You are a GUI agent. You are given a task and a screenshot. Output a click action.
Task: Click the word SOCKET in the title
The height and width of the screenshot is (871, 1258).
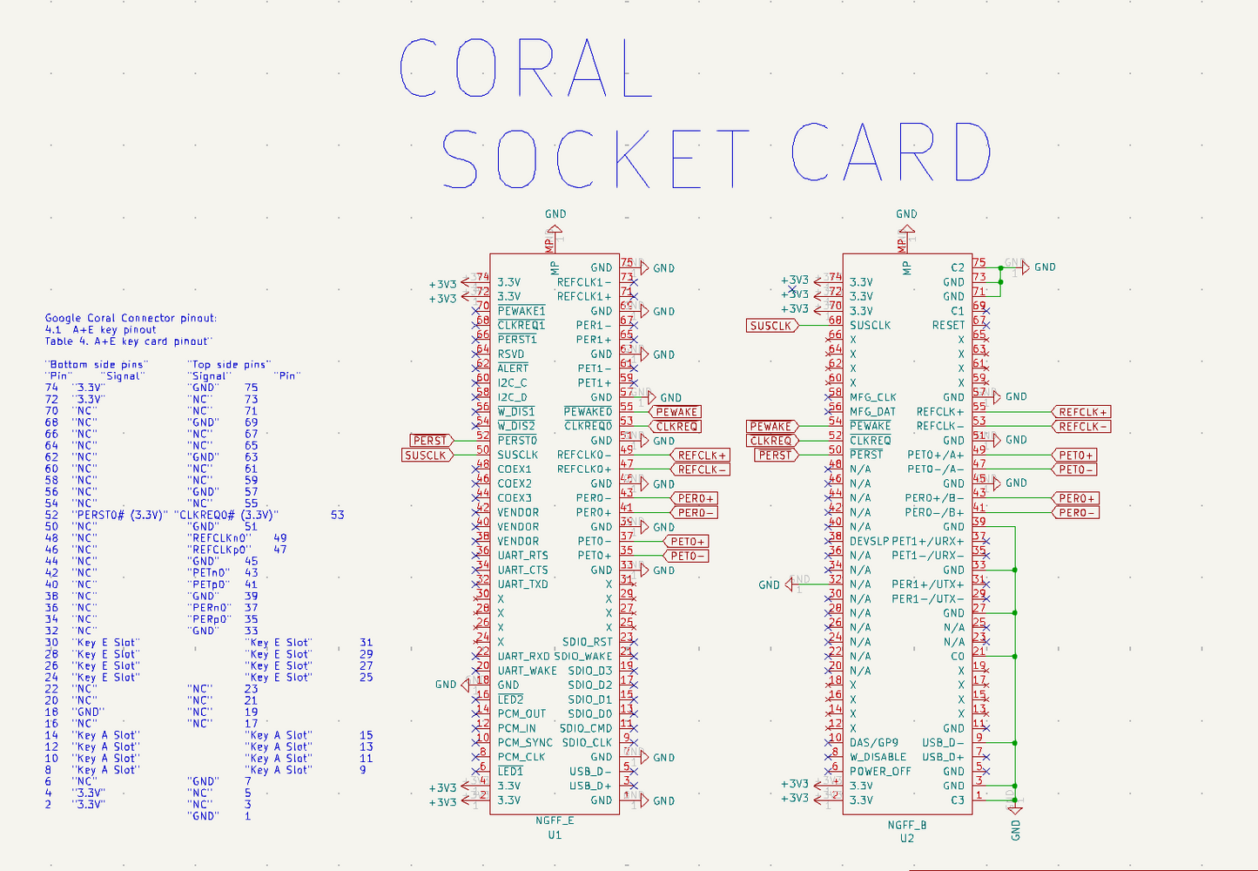click(595, 159)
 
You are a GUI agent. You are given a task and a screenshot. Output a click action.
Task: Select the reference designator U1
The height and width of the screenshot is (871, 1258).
click(555, 835)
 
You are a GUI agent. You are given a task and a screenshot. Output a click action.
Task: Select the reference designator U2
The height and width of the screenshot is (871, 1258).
click(906, 838)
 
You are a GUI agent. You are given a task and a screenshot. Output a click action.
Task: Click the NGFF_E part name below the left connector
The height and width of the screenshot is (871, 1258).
click(555, 820)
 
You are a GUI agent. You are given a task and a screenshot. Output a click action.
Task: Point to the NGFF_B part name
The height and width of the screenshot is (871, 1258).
click(906, 824)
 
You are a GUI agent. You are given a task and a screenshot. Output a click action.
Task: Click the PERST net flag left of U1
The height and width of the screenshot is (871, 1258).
click(431, 441)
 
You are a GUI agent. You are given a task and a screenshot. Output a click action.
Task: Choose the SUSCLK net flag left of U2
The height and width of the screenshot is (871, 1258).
click(771, 326)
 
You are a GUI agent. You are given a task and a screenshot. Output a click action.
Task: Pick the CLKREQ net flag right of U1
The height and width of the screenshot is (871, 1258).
click(677, 427)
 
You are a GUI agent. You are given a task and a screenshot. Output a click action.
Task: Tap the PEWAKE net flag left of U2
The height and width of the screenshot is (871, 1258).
click(771, 427)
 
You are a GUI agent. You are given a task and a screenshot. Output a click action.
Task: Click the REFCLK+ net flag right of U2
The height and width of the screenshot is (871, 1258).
click(1082, 412)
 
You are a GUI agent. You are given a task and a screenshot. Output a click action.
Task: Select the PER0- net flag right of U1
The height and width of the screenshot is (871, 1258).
click(697, 513)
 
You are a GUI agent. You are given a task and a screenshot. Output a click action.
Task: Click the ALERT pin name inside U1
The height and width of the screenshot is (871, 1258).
click(513, 368)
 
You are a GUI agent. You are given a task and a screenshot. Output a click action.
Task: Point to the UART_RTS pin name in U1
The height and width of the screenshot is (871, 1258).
click(522, 556)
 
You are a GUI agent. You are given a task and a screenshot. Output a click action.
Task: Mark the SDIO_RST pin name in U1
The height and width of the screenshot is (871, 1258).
click(587, 642)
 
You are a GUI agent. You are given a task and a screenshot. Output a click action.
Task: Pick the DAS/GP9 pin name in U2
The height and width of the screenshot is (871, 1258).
click(873, 743)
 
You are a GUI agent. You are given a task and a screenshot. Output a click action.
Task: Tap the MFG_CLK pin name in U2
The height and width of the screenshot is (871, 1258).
click(872, 397)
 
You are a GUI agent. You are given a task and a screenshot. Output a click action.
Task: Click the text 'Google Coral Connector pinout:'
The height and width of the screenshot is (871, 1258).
click(131, 319)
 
